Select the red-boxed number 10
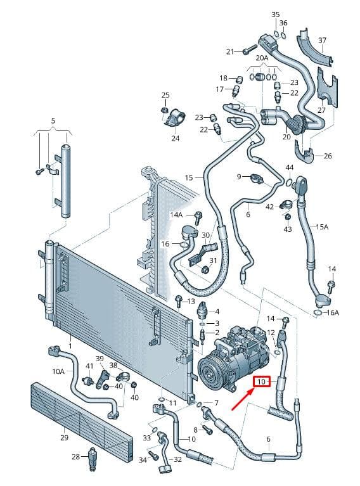pyautogui.click(x=262, y=381)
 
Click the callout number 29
pyautogui.click(x=64, y=438)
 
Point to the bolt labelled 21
pyautogui.click(x=250, y=49)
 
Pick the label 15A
pyautogui.click(x=322, y=227)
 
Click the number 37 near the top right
pyautogui.click(x=323, y=40)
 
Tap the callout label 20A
pyautogui.click(x=262, y=58)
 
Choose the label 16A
pyautogui.click(x=333, y=312)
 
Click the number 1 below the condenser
pyautogui.click(x=70, y=346)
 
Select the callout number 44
pyautogui.click(x=289, y=167)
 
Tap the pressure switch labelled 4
pyautogui.click(x=203, y=309)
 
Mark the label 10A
pyautogui.click(x=58, y=371)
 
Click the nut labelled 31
pyautogui.click(x=204, y=269)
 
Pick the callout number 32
pyautogui.click(x=177, y=459)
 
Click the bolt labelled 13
pyautogui.click(x=179, y=301)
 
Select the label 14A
pyautogui.click(x=176, y=214)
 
